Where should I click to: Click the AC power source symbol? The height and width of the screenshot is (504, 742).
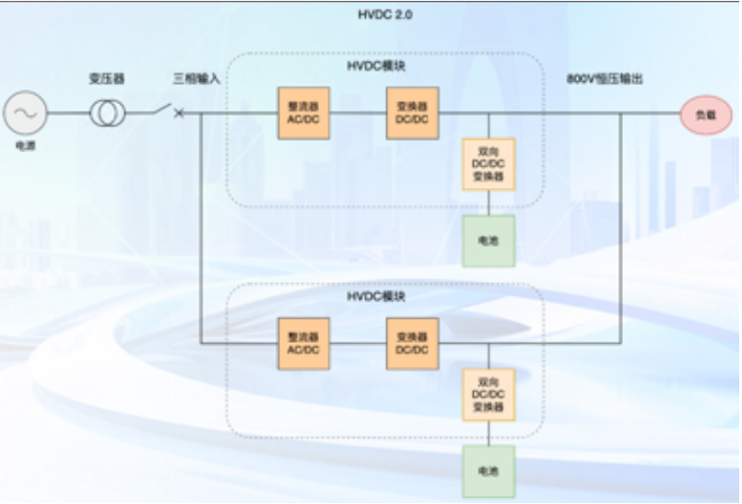[x=24, y=113]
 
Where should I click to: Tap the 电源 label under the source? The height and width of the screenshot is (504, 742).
[x=25, y=146]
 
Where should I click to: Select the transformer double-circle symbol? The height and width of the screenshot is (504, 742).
[x=108, y=114]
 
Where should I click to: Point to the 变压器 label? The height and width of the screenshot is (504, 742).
[x=107, y=79]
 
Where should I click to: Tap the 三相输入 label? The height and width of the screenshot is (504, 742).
[x=196, y=79]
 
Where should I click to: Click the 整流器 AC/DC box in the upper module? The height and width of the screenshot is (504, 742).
[x=303, y=113]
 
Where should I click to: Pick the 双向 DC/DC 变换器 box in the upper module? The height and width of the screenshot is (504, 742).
[x=488, y=164]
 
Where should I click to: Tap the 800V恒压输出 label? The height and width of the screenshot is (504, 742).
[x=605, y=79]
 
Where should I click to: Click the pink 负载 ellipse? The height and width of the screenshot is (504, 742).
[x=706, y=114]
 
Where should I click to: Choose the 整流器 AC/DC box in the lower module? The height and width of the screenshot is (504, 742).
[x=303, y=344]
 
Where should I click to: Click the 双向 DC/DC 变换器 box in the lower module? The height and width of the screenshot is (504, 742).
[x=488, y=394]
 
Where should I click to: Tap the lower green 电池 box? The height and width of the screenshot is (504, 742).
[x=488, y=471]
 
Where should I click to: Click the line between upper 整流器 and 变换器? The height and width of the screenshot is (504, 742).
[x=357, y=114]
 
